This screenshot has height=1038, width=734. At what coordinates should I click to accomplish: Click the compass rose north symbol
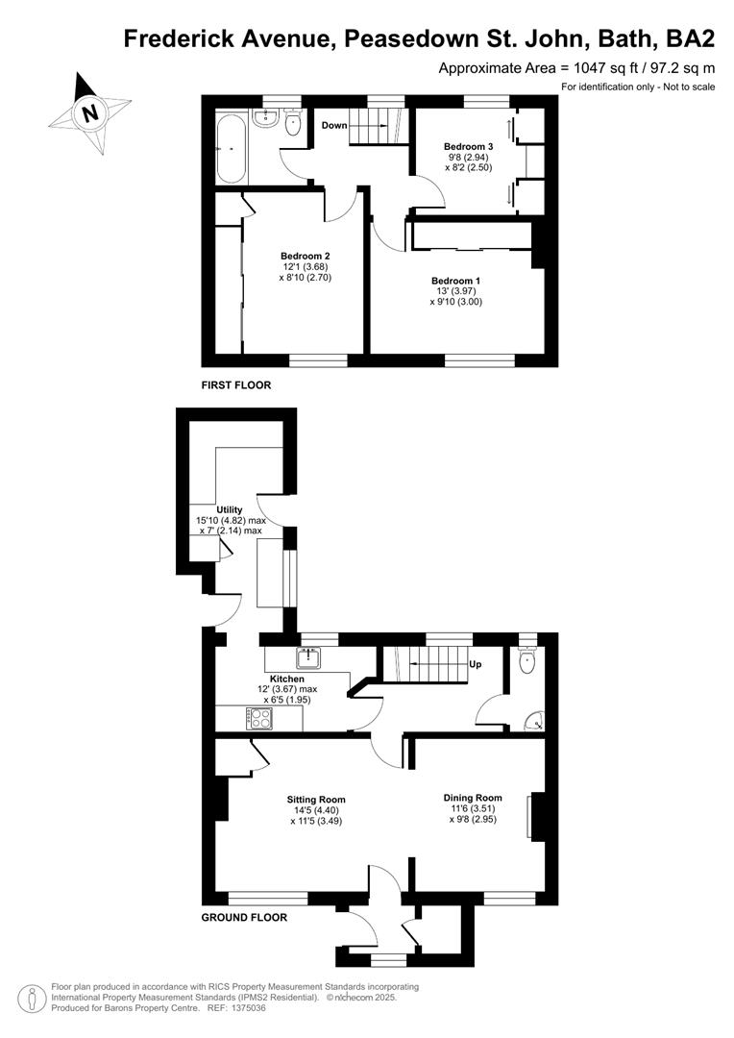point(89,113)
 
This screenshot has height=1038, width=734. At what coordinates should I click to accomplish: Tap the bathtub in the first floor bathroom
point(231,148)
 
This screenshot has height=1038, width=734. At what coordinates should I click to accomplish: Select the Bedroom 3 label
point(468,146)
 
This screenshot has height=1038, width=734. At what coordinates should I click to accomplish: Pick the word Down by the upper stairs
point(334,126)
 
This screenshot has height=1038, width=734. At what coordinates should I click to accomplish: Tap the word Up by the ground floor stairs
point(475,664)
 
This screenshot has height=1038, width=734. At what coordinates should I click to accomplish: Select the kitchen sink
point(309,658)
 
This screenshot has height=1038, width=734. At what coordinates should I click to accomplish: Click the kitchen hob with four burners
point(258,718)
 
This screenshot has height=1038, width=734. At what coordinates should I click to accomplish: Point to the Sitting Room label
point(316,800)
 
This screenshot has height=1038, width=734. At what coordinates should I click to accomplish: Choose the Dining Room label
point(473,798)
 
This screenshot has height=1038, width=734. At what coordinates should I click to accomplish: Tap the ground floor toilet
point(526,659)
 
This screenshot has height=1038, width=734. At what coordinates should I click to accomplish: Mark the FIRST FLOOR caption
point(236,385)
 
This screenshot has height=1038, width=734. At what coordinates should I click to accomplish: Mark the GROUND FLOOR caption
point(244,918)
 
